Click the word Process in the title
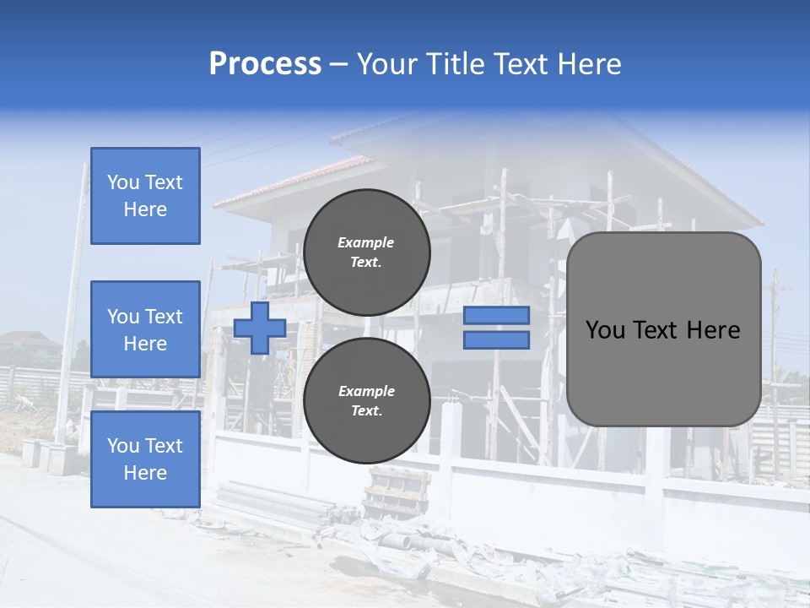pyautogui.click(x=265, y=64)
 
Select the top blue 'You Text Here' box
pyautogui.click(x=145, y=196)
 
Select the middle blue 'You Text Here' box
pyautogui.click(x=145, y=329)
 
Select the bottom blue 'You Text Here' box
pyautogui.click(x=145, y=459)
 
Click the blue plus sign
pyautogui.click(x=259, y=328)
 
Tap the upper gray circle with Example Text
pyautogui.click(x=366, y=252)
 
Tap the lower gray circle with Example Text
pyautogui.click(x=366, y=401)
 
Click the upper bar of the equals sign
pyautogui.click(x=496, y=315)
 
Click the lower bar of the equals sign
pyautogui.click(x=496, y=340)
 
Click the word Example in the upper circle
pyautogui.click(x=365, y=242)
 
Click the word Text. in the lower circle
pyautogui.click(x=365, y=411)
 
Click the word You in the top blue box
pyautogui.click(x=123, y=182)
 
